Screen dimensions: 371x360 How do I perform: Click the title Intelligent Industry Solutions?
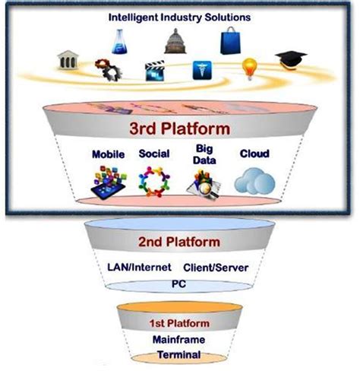click(179, 16)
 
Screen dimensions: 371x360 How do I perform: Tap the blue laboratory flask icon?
click(119, 42)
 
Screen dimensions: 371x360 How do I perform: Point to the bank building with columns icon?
click(69, 60)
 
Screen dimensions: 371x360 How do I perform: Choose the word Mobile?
click(108, 154)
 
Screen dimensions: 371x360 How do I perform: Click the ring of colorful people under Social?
click(154, 181)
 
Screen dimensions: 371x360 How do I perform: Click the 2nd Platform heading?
click(179, 242)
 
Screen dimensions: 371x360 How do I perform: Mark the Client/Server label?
click(215, 268)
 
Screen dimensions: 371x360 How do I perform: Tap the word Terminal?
click(180, 354)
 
